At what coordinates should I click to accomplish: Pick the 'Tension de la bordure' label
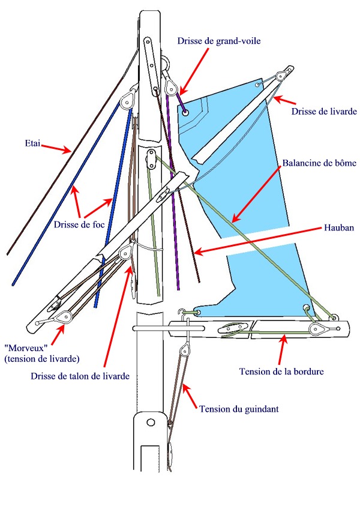[x=281, y=372]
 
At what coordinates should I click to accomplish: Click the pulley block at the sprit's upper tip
[x=280, y=76]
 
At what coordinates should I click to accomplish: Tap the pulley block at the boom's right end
[x=317, y=328]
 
